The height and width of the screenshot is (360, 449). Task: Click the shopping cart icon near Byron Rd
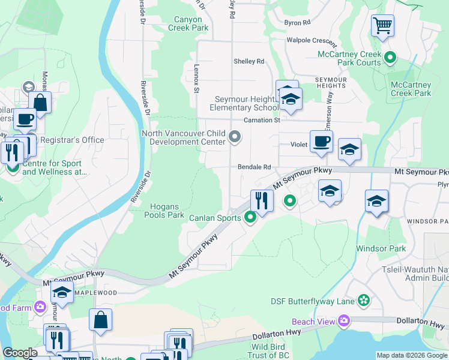pos(382,26)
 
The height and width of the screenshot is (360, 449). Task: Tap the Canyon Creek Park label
pos(188,23)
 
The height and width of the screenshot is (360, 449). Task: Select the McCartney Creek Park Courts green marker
pos(390,58)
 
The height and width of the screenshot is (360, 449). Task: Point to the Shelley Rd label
pos(249,61)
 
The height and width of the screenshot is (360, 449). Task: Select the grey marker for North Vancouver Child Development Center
pos(235,139)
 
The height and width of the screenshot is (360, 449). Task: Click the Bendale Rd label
pos(255,167)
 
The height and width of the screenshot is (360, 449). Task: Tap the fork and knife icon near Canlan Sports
pos(262,200)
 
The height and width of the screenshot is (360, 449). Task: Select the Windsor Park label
pos(381,248)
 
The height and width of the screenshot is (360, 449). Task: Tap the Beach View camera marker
pos(344,321)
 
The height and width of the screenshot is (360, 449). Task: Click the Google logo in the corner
pos(20,353)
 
